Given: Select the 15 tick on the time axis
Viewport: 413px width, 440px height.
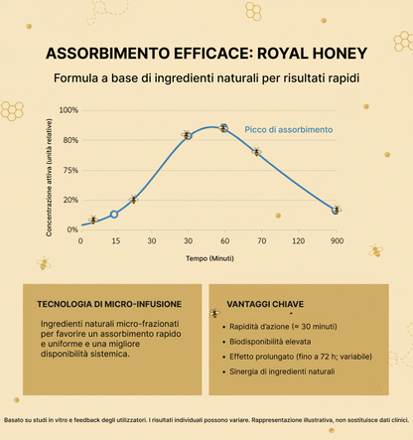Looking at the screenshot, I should [114, 241].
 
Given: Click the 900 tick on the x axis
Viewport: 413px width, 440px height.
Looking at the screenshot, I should [337, 241].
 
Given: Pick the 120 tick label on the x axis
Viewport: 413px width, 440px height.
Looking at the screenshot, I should [299, 241].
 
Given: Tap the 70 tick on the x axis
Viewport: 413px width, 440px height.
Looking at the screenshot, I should [262, 241].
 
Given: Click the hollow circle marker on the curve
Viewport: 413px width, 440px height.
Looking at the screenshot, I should [114, 214].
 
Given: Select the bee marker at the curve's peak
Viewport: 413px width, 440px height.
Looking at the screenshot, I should [223, 128].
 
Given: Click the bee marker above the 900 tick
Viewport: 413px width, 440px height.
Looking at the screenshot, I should [337, 210].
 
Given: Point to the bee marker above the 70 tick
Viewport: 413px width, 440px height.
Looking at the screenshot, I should [256, 152].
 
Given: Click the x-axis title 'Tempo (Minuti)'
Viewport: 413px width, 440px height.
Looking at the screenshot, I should [210, 258].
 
